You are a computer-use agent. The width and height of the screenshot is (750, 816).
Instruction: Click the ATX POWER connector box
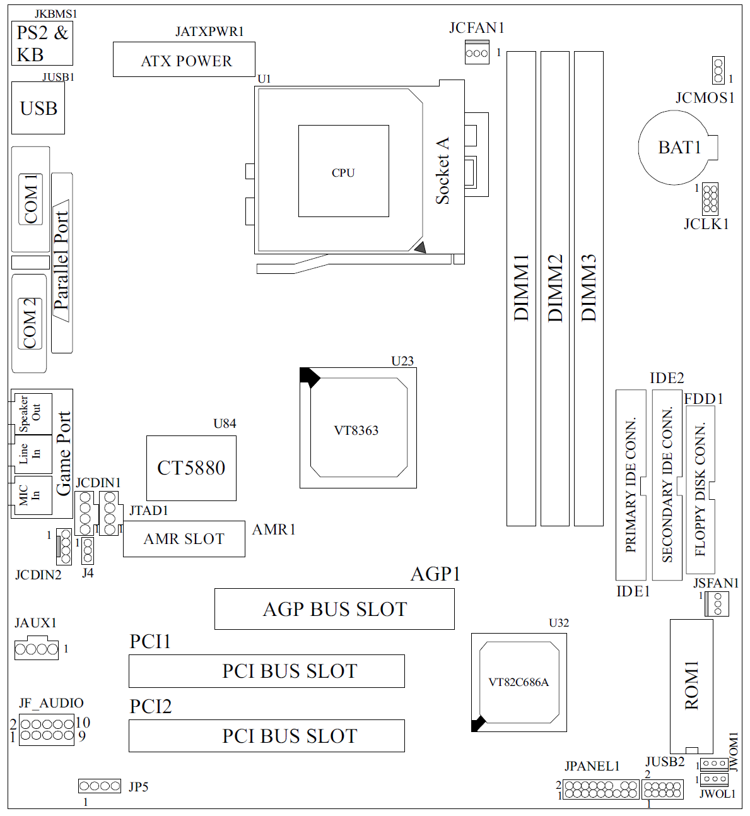click(x=184, y=60)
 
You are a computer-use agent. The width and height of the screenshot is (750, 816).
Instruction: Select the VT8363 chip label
click(x=356, y=430)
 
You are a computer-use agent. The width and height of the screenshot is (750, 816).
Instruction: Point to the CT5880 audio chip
click(x=191, y=468)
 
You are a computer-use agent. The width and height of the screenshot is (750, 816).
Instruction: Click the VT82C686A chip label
click(x=519, y=682)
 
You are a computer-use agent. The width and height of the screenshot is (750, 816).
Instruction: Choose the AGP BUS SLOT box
click(x=334, y=609)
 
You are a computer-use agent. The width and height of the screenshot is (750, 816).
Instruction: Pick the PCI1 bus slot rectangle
click(x=266, y=671)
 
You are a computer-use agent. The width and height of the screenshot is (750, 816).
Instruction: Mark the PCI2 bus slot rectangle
click(x=266, y=736)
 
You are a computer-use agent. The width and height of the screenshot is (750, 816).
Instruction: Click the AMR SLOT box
click(x=184, y=539)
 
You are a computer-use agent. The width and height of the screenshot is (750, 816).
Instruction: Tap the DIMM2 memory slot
click(x=555, y=288)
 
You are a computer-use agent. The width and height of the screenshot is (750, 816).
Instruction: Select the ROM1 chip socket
click(x=691, y=685)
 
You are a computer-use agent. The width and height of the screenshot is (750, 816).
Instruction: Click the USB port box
click(x=38, y=109)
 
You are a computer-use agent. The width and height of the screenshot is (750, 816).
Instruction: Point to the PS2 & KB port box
click(x=42, y=44)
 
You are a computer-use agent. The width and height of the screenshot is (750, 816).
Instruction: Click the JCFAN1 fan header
click(x=477, y=52)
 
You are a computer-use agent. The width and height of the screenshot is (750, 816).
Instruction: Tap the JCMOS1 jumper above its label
click(x=718, y=70)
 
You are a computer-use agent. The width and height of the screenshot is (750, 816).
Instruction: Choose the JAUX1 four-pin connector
click(x=37, y=649)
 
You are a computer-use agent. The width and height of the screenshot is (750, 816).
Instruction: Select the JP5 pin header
click(x=99, y=786)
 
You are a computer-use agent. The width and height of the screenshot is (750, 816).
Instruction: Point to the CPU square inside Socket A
click(x=343, y=171)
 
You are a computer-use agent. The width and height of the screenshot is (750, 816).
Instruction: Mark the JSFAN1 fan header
click(x=717, y=604)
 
